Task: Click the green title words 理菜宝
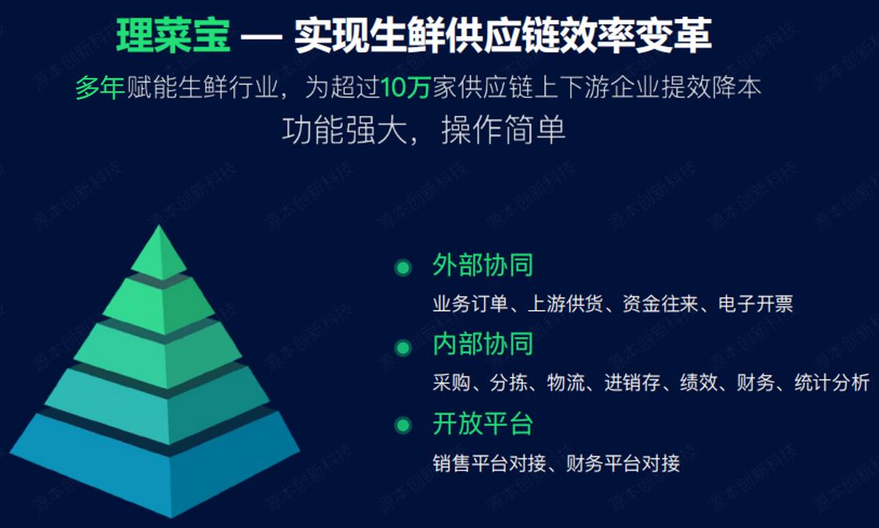pos(173,35)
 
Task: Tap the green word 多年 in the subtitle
pos(100,88)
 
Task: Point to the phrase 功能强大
pos(344,130)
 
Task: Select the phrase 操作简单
pos(504,130)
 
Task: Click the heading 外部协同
pos(482,265)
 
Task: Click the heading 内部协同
pos(482,344)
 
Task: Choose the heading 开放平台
pos(482,423)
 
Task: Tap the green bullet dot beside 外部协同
pos(403,268)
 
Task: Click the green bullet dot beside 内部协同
pos(403,348)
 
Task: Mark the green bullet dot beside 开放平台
pos(403,426)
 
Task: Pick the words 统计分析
pos(832,383)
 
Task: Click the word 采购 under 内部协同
pos(451,383)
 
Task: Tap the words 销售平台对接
pos(489,463)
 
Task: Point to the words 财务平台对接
pos(623,463)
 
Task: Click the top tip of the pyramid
pos(159,225)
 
